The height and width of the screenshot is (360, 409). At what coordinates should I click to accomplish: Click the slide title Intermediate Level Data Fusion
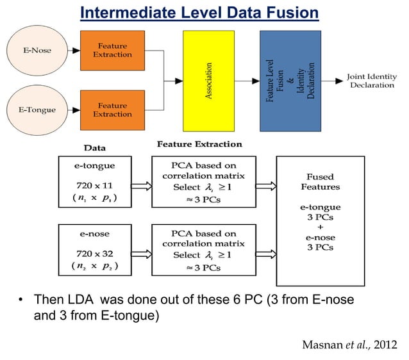(x=199, y=12)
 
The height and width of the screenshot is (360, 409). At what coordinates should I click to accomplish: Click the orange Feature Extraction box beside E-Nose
(x=112, y=50)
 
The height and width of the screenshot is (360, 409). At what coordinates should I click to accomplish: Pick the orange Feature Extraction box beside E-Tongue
(x=112, y=110)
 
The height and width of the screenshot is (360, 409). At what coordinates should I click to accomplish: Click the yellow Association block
(x=208, y=80)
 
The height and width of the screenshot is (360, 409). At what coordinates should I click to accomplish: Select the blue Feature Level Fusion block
(x=290, y=80)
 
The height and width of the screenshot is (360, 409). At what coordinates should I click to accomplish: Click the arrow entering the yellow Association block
(x=174, y=81)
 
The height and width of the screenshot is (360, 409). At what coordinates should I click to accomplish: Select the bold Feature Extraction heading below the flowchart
(x=199, y=144)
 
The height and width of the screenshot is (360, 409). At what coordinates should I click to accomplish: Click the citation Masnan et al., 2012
(x=349, y=346)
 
